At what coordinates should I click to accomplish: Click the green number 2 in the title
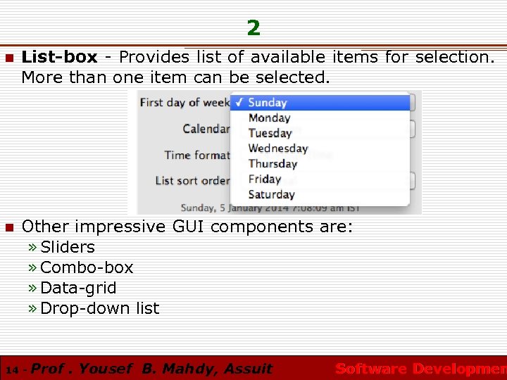coord(254,28)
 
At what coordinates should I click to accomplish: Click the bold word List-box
coord(59,57)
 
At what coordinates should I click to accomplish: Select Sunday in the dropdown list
coord(267,103)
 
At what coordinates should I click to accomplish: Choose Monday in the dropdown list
coord(269,118)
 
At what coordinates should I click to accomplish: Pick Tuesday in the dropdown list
coord(270,133)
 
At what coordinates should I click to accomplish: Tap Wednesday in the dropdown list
coord(278,148)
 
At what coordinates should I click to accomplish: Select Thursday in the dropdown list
coord(273,164)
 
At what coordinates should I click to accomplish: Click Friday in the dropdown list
coord(264,179)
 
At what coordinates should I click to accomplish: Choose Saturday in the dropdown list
coord(271,195)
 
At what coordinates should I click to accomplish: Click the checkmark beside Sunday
coord(239,103)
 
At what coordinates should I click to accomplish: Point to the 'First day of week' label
coord(185,103)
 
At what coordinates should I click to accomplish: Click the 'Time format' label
coord(197,155)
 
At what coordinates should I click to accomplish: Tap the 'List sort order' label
coord(192,181)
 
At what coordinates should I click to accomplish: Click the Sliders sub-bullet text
coord(68,247)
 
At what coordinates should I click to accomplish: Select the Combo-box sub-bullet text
coord(87,267)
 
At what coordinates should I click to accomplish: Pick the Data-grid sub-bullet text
coord(79,288)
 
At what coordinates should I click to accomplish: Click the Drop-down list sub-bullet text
coord(100,308)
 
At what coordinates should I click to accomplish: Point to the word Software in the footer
coord(371,369)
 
